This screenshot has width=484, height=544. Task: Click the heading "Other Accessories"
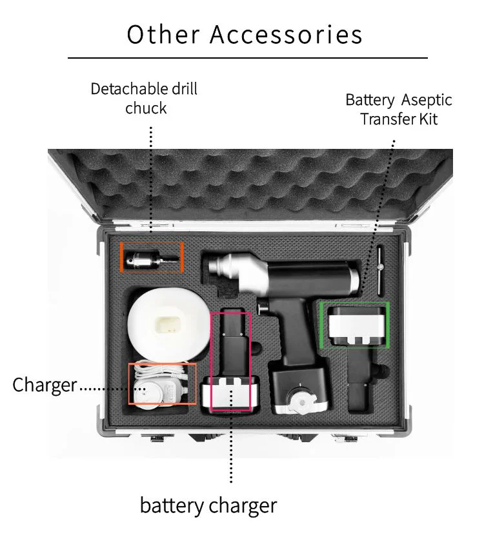(244, 34)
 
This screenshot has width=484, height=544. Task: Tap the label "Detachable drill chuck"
(145, 98)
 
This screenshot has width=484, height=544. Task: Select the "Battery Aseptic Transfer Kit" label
(399, 110)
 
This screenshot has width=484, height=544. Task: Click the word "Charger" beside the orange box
(45, 385)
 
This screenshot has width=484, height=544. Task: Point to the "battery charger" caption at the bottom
(208, 505)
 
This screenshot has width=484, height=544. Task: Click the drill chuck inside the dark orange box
(152, 257)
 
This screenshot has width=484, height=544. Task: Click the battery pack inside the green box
(355, 325)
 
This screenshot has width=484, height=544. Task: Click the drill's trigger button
(263, 309)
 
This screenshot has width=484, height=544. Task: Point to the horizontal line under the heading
(247, 58)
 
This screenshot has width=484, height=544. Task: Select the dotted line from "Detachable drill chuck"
(150, 180)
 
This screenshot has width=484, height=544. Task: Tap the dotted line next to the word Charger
(103, 389)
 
